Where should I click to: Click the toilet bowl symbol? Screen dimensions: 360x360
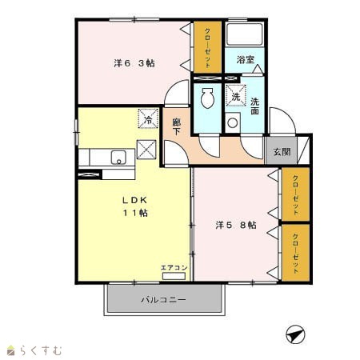pyautogui.click(x=207, y=98)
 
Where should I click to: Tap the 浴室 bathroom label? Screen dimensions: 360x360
pyautogui.click(x=246, y=59)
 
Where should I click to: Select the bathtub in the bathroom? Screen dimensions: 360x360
pyautogui.click(x=245, y=34)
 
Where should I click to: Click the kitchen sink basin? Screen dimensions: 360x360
pyautogui.click(x=118, y=158)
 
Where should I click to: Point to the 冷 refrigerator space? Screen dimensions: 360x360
pyautogui.click(x=148, y=118)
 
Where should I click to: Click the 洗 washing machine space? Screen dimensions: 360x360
pyautogui.click(x=236, y=95)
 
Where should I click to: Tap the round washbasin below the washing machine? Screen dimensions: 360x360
pyautogui.click(x=233, y=123)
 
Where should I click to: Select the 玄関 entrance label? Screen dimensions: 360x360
pyautogui.click(x=282, y=152)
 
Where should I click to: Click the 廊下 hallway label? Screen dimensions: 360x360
pyautogui.click(x=176, y=127)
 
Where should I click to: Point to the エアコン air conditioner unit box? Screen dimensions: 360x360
pyautogui.click(x=174, y=276)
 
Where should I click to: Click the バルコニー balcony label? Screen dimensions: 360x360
pyautogui.click(x=163, y=300)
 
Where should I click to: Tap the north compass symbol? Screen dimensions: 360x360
pyautogui.click(x=295, y=334)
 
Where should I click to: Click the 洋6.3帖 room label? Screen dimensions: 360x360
pyautogui.click(x=134, y=63)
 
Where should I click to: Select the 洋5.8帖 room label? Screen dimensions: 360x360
pyautogui.click(x=236, y=225)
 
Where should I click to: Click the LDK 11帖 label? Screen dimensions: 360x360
pyautogui.click(x=135, y=206)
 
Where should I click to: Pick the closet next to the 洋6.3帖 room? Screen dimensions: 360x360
pyautogui.click(x=207, y=47)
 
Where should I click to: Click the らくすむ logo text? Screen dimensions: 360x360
pyautogui.click(x=41, y=350)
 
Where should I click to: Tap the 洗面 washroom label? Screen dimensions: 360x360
pyautogui.click(x=255, y=106)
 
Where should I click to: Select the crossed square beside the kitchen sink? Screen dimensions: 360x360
pyautogui.click(x=146, y=150)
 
